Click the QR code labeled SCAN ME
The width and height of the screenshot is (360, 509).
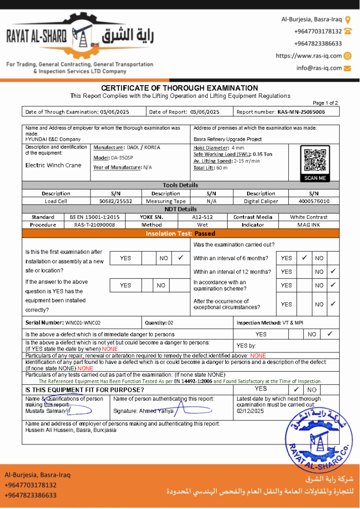click(x=315, y=160)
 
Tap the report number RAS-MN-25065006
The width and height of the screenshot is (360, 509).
click(x=301, y=112)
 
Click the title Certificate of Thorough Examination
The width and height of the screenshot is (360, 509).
click(x=180, y=88)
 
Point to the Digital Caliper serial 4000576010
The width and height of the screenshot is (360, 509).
click(x=314, y=201)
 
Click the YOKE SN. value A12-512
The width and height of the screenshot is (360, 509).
click(x=202, y=217)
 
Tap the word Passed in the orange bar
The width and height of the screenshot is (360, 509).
click(x=204, y=233)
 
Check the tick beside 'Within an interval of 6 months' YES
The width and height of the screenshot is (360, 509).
click(x=303, y=257)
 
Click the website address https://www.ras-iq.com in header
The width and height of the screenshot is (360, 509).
click(x=309, y=56)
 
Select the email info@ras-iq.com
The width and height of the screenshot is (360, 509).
click(x=319, y=68)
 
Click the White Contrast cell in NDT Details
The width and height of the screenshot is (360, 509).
click(x=309, y=217)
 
